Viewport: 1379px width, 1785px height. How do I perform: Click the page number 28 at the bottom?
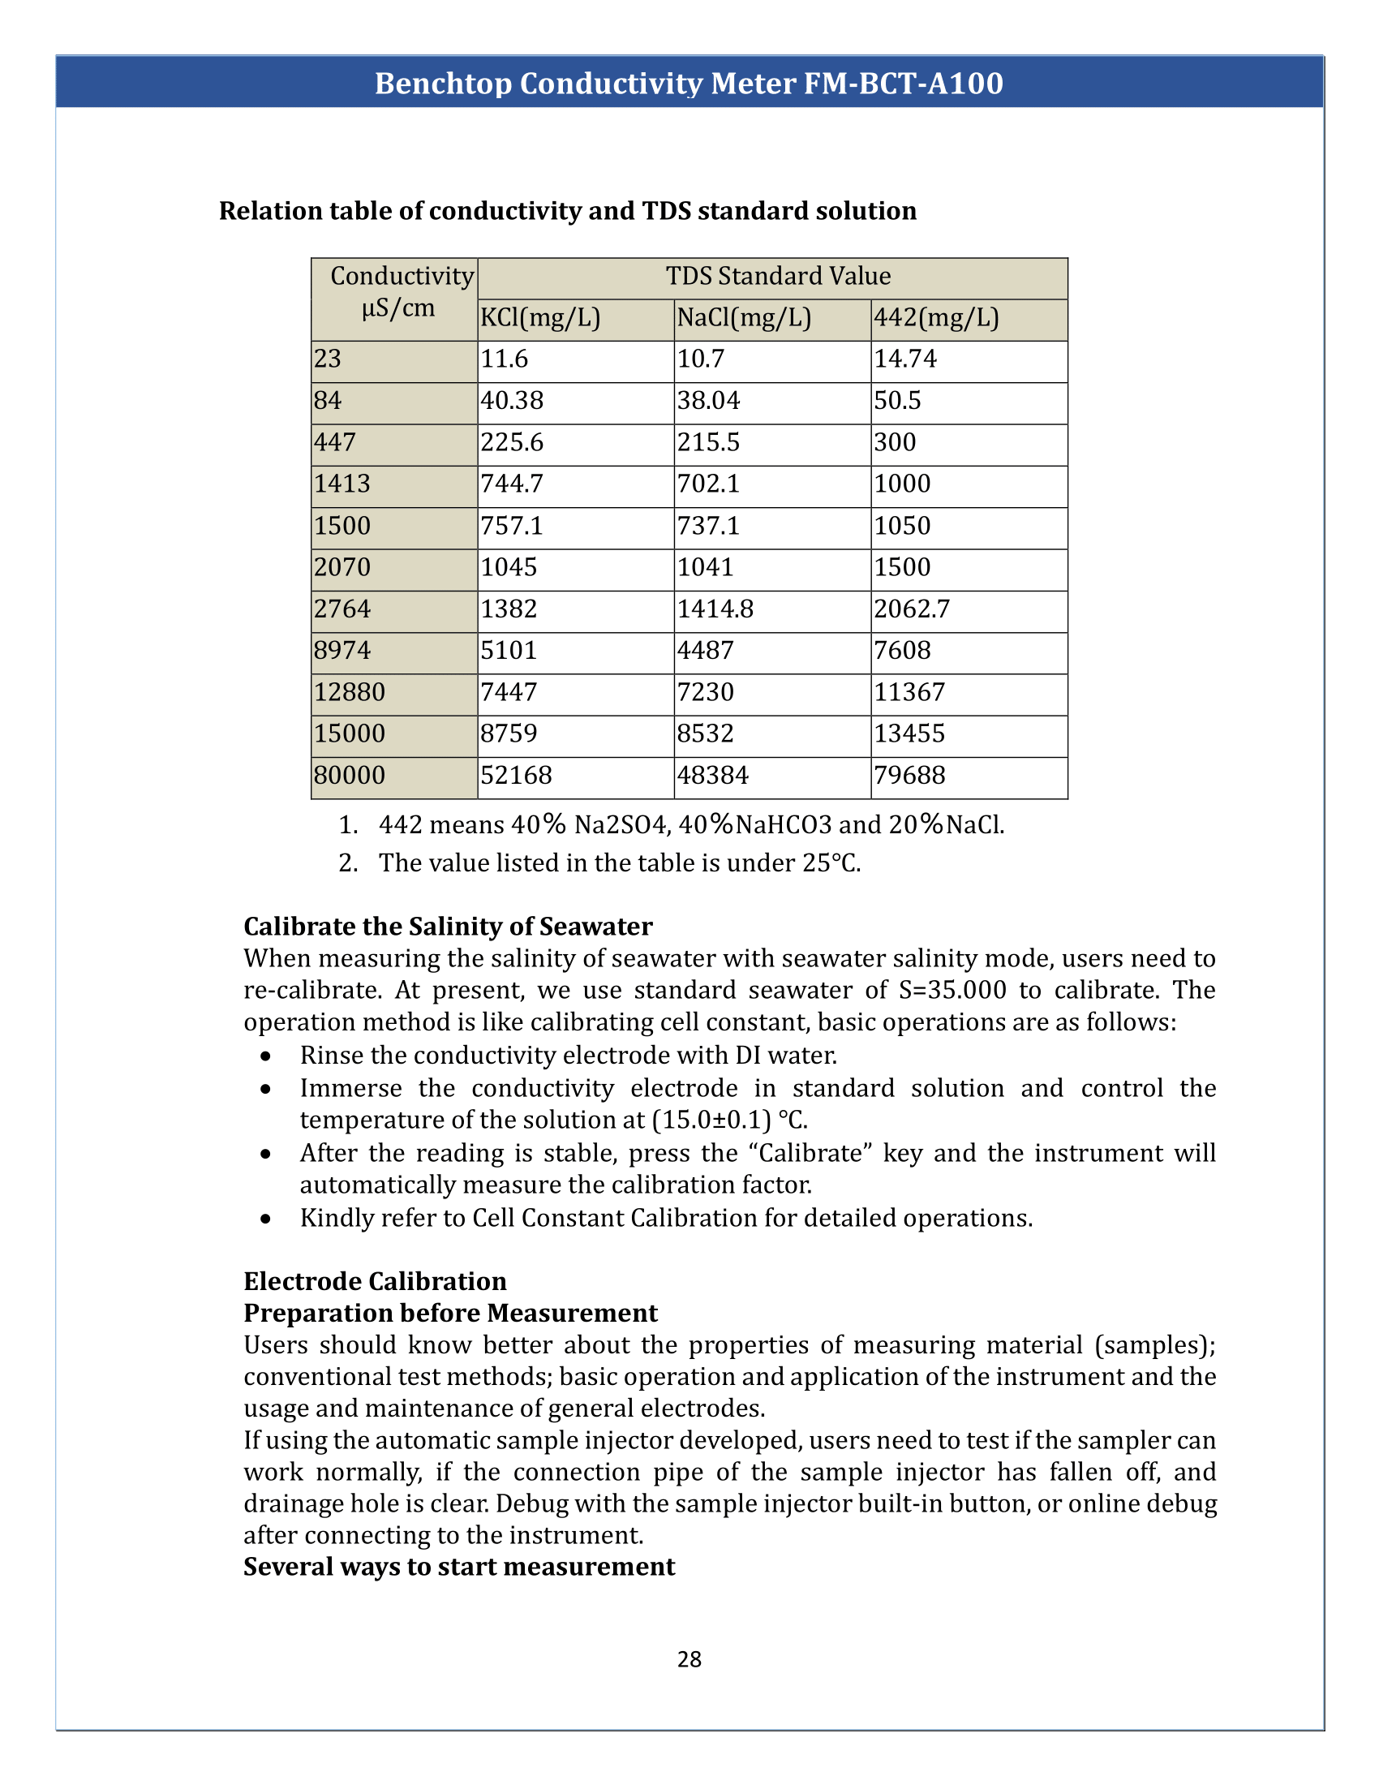tap(689, 1658)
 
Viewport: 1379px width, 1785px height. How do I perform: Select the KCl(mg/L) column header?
tap(540, 317)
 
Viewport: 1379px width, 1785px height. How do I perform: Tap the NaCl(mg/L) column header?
tap(743, 317)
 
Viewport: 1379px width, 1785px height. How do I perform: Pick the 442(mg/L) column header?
tap(936, 317)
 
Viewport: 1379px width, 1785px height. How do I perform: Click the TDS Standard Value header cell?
tap(777, 276)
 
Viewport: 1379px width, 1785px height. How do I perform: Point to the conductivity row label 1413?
tap(342, 484)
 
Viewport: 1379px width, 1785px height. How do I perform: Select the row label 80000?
tap(349, 775)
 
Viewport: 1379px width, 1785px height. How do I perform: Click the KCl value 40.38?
tap(511, 401)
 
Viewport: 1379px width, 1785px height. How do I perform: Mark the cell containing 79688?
tap(909, 775)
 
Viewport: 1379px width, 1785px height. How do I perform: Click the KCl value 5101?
tap(508, 651)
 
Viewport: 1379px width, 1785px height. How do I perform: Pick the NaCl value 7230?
tap(705, 692)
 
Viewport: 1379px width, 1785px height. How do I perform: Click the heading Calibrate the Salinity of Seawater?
tap(448, 926)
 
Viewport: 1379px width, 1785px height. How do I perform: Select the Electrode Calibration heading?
tap(375, 1280)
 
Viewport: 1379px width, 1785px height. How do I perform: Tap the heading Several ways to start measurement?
tap(459, 1566)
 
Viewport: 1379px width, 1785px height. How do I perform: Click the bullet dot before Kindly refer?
tap(265, 1219)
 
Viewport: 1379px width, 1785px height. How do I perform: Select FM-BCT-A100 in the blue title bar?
tap(904, 84)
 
